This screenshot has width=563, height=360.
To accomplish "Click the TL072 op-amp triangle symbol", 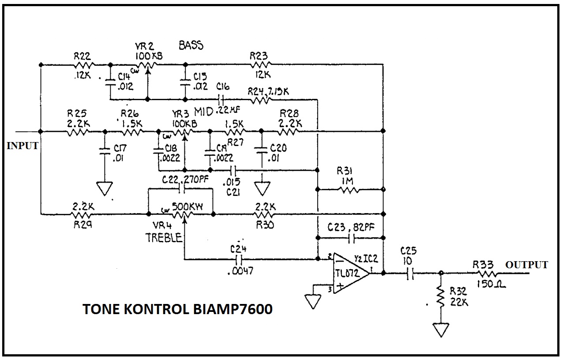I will click(351, 273).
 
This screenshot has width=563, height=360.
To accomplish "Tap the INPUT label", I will click(22, 146).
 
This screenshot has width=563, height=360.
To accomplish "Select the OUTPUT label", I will click(526, 265).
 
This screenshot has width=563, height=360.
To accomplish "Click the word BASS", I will click(191, 45).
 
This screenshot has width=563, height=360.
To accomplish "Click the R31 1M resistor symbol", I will click(349, 190).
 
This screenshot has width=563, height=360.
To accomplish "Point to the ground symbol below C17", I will click(105, 188).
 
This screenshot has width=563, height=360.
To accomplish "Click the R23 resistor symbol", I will click(260, 64).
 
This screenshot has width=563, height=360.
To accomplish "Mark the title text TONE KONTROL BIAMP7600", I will click(177, 309).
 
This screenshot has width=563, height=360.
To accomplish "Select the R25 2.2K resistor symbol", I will click(78, 131).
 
